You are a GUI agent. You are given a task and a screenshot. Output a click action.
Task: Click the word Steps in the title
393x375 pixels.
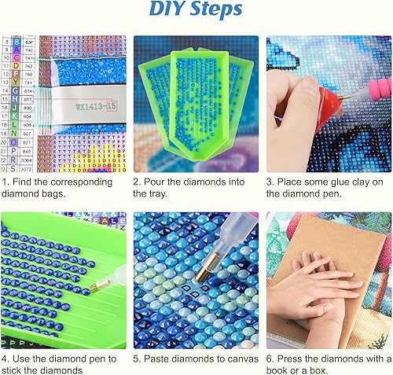pos(215,9)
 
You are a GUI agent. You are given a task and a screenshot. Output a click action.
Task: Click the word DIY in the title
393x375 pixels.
pos(167,9)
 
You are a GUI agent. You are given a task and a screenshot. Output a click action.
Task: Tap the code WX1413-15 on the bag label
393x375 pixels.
pos(96,106)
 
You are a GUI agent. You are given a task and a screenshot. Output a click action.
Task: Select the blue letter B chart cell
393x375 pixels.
pos(17,42)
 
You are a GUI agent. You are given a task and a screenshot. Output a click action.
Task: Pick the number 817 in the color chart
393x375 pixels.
pos(28,100)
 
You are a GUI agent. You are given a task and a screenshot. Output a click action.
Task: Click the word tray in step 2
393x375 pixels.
pos(158,194)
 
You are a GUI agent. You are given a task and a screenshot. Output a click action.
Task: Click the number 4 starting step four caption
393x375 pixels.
pos(5,358)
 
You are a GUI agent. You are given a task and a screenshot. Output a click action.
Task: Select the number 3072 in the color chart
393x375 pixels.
pos(27,170)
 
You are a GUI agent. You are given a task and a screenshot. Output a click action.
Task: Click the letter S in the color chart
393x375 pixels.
pos(13,169)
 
